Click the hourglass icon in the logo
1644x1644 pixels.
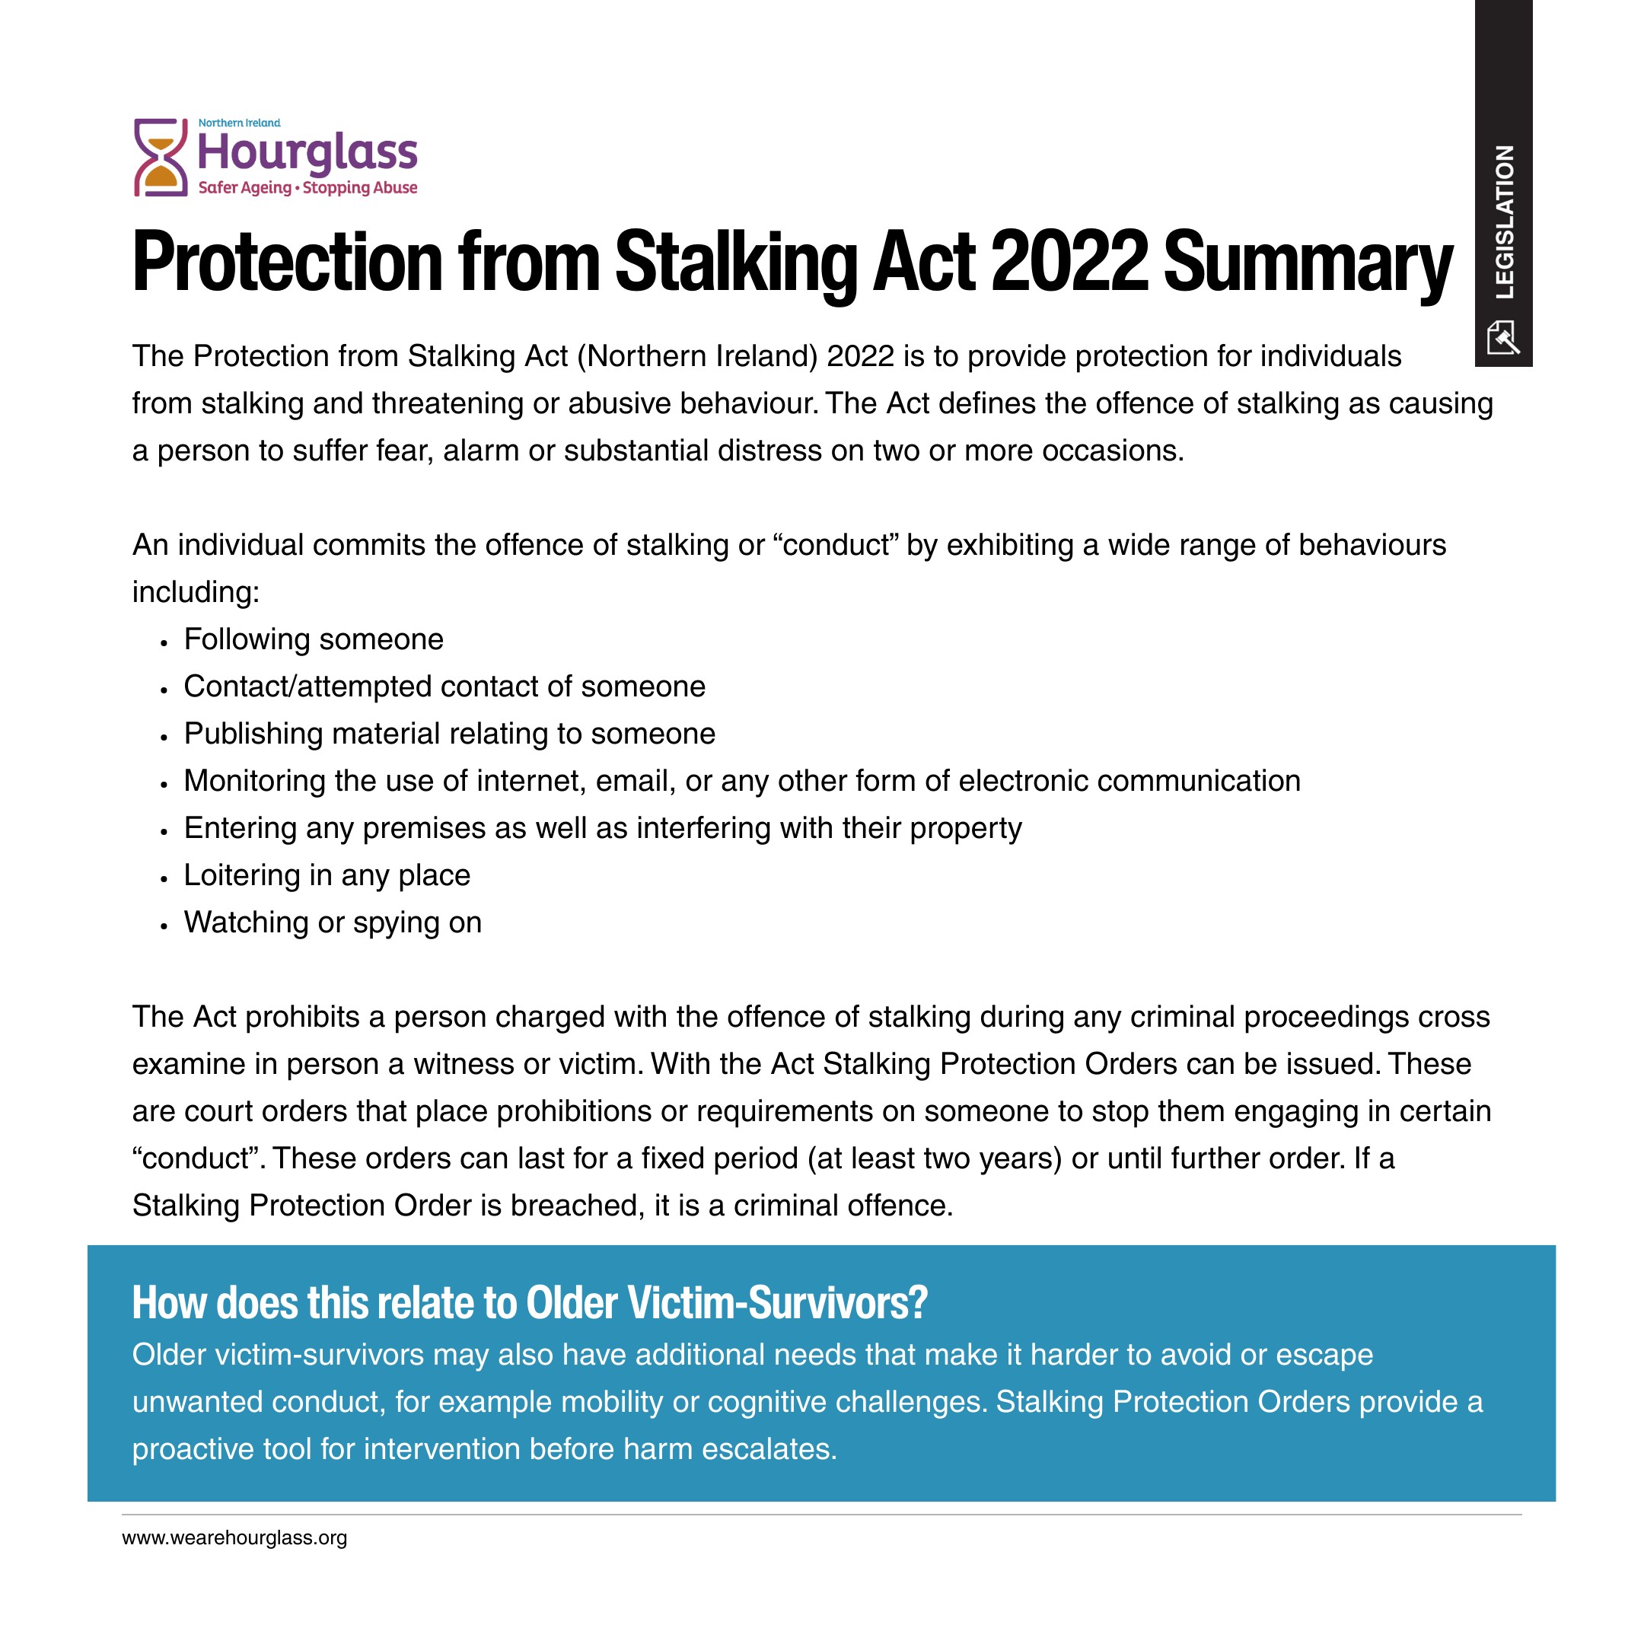point(160,158)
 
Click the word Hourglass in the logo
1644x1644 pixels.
point(307,153)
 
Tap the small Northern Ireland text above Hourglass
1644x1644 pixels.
point(239,123)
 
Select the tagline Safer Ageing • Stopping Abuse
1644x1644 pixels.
point(307,187)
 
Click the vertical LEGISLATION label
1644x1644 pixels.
point(1505,221)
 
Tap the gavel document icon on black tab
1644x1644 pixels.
point(1502,337)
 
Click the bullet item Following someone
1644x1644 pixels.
point(313,639)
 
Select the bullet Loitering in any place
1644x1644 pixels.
point(327,875)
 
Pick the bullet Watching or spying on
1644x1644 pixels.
point(333,922)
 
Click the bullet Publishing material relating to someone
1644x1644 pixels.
point(449,734)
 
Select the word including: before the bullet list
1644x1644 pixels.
point(196,592)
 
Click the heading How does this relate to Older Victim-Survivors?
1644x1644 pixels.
point(529,1303)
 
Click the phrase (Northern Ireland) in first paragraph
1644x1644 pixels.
point(697,355)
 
